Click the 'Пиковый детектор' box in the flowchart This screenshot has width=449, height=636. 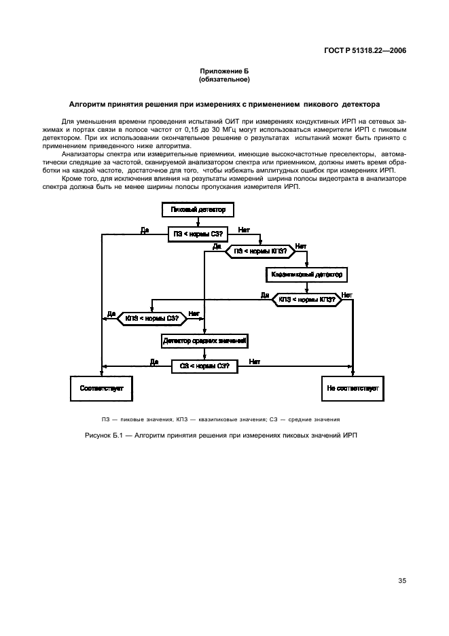[198, 211]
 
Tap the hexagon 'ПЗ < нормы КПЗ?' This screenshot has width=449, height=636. [259, 251]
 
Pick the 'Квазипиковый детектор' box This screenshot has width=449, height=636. [308, 275]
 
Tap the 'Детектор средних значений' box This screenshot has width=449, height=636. [204, 339]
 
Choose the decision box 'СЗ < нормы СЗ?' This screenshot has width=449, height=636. [204, 365]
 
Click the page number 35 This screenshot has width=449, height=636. [401, 580]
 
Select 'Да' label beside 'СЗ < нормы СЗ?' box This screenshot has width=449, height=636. [154, 361]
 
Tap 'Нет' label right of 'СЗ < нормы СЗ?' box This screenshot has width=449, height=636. [255, 361]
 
